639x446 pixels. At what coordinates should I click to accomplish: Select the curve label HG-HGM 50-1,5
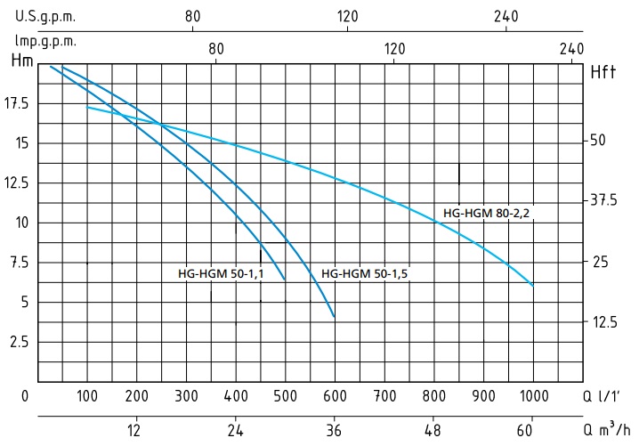pos(364,274)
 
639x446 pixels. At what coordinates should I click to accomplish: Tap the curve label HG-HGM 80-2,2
pos(487,214)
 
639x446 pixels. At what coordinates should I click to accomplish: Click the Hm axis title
pos(22,62)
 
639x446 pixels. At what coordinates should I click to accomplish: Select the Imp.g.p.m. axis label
pos(45,41)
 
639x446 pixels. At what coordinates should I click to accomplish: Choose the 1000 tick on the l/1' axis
pos(534,396)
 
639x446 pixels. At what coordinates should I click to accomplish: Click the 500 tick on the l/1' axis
pos(285,396)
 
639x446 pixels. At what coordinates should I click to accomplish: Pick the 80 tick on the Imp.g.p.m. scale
pos(215,49)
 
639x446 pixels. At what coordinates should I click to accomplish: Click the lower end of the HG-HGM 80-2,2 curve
pos(533,286)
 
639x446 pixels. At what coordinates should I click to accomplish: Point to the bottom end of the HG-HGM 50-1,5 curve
pos(334,317)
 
